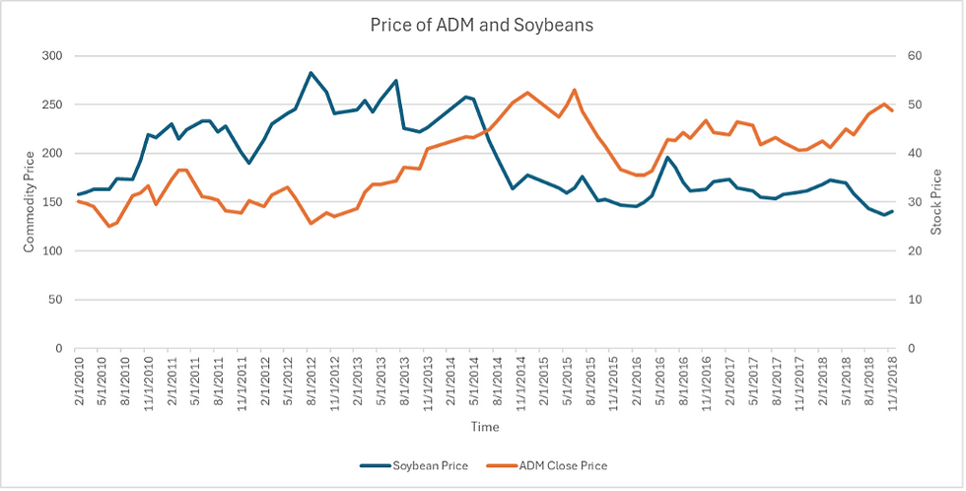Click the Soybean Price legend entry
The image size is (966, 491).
click(x=428, y=465)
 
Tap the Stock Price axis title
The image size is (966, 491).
click(x=936, y=202)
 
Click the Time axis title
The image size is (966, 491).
click(x=484, y=427)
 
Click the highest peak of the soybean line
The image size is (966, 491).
click(x=310, y=73)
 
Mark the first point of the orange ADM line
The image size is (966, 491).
click(x=78, y=201)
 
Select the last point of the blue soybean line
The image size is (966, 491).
click(x=893, y=211)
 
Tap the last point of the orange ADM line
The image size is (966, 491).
click(x=893, y=110)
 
